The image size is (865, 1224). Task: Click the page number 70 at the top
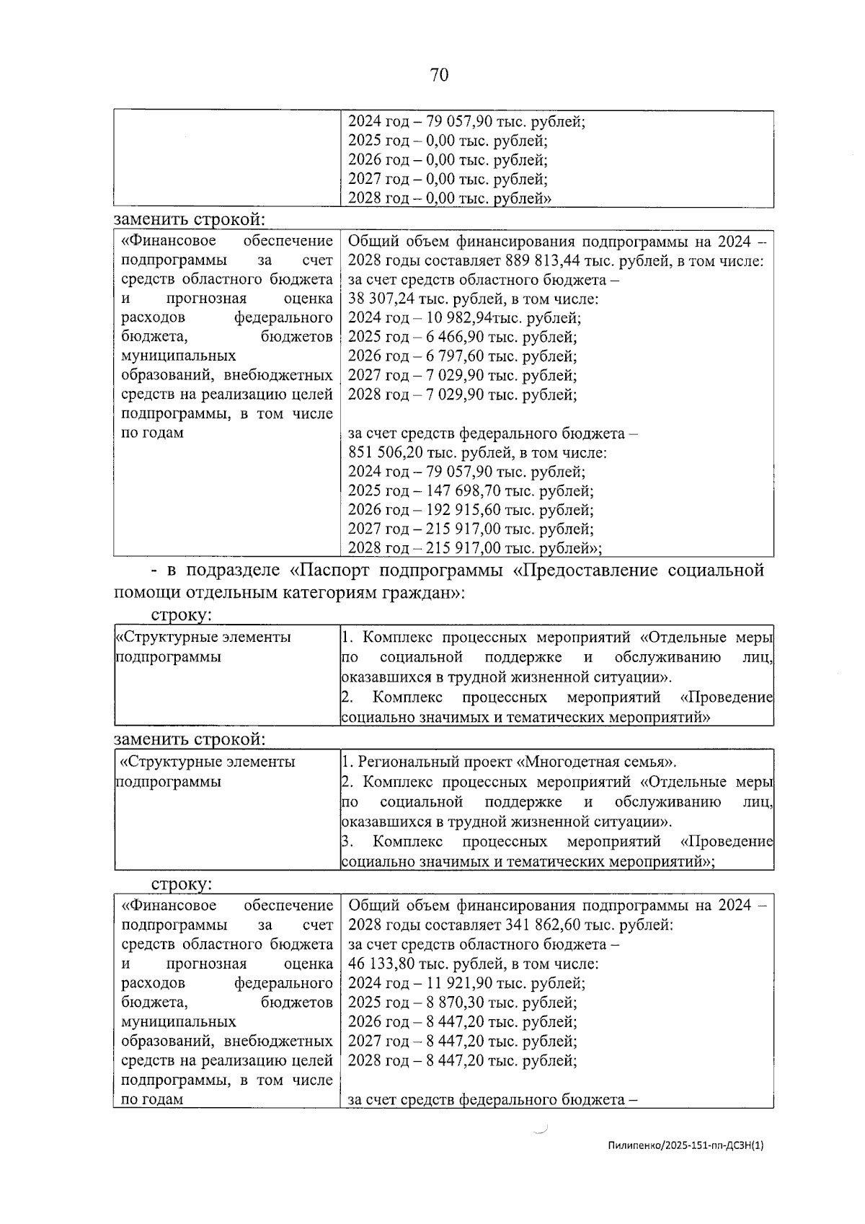coord(439,75)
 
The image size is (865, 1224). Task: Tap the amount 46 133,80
coord(379,964)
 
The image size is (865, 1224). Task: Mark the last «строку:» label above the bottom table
coord(181,884)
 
